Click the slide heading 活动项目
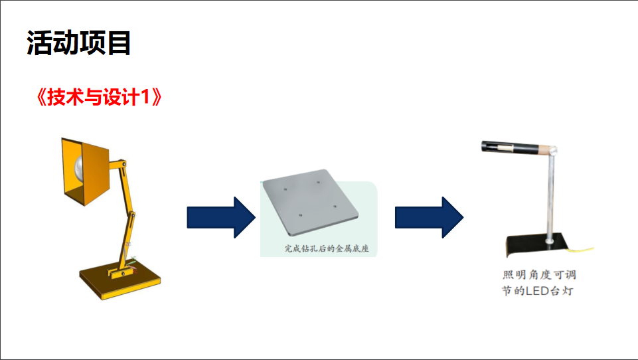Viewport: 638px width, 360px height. click(x=79, y=44)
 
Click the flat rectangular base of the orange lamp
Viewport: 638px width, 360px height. click(x=120, y=280)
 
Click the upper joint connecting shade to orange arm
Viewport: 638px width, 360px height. click(x=119, y=163)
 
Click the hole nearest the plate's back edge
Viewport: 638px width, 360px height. click(x=318, y=180)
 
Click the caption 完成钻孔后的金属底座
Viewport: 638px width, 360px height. click(x=327, y=250)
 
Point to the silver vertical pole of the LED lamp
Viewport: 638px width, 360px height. click(x=551, y=199)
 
